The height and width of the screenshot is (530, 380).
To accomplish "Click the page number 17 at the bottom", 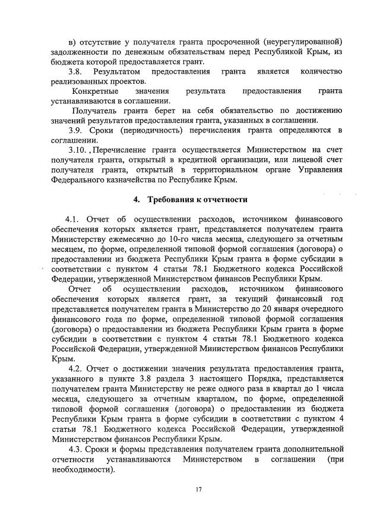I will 199,489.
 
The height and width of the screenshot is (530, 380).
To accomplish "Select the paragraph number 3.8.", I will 78,72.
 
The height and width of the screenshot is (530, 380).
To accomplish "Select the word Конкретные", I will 95,92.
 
